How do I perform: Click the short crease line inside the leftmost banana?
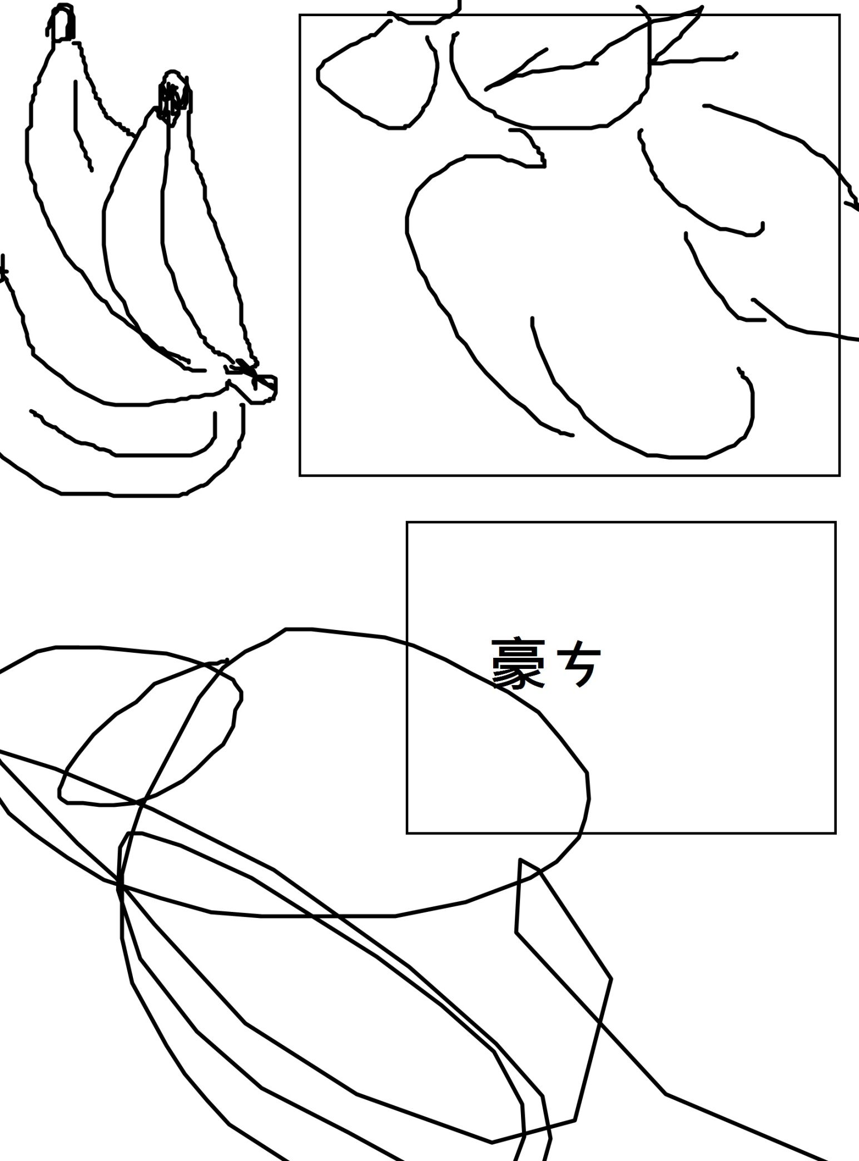[82, 126]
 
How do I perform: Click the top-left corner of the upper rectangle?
[300, 15]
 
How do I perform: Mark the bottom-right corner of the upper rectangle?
[839, 475]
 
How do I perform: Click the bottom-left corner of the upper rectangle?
[300, 475]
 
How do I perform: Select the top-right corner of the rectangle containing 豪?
[835, 523]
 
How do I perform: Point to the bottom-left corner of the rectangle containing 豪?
[408, 833]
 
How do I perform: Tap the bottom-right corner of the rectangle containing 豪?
[835, 833]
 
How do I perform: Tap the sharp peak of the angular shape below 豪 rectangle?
[521, 859]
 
